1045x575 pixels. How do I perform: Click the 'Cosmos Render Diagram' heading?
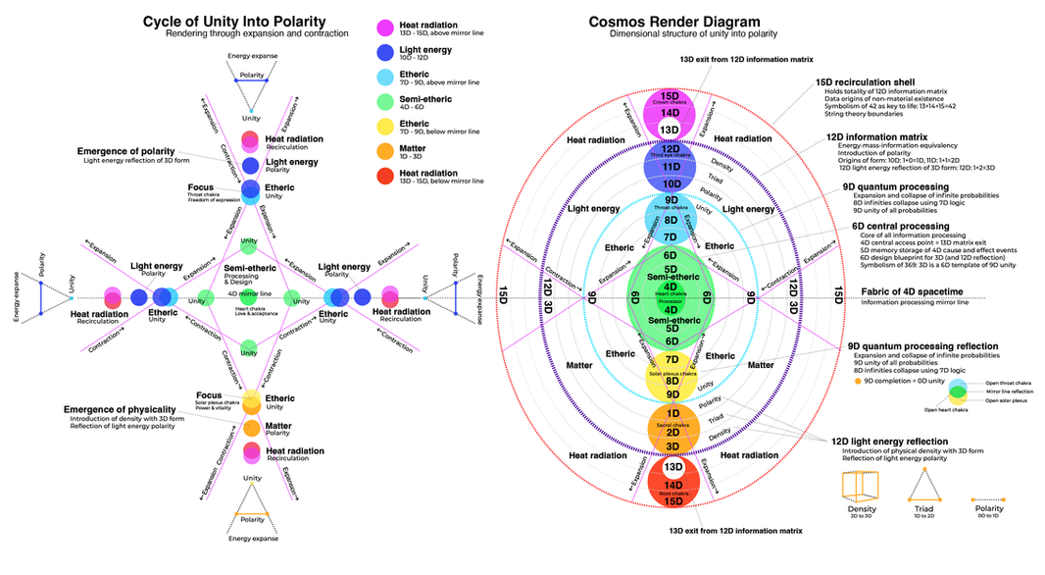click(673, 22)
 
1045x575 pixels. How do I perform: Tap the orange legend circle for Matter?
click(388, 149)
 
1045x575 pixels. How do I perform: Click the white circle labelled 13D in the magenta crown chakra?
click(672, 130)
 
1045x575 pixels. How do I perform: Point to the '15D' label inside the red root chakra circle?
click(672, 500)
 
